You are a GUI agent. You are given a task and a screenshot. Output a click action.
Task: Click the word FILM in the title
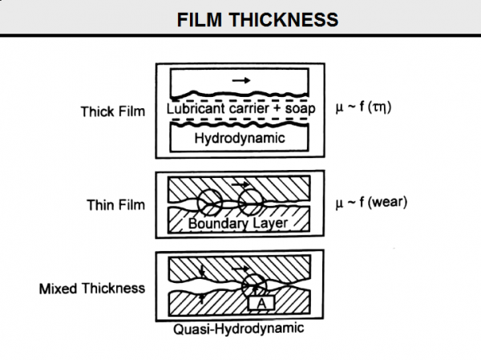(x=200, y=19)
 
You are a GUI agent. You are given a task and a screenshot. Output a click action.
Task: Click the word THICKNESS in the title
(x=284, y=19)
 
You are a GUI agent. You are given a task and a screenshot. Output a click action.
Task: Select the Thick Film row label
(x=113, y=111)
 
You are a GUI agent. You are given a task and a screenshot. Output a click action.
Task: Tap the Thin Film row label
(x=116, y=204)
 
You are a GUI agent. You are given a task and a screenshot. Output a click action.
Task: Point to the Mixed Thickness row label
(x=92, y=289)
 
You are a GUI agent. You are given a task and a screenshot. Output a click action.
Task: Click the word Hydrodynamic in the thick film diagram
(x=240, y=138)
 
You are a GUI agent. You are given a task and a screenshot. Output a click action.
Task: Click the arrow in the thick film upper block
(x=241, y=80)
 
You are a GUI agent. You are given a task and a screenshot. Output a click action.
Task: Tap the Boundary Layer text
(x=238, y=224)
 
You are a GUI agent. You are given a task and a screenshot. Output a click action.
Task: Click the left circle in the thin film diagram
(x=210, y=203)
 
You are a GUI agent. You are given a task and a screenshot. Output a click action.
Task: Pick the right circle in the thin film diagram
(x=251, y=203)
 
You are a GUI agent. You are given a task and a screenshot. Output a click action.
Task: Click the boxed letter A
(x=261, y=303)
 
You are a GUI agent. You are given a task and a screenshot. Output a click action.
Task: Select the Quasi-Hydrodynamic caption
(x=239, y=329)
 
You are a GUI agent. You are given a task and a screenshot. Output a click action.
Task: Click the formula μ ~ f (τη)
(x=363, y=107)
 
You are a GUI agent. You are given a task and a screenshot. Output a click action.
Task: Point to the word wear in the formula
(x=387, y=202)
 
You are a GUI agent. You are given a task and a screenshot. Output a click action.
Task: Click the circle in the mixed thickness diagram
(x=254, y=285)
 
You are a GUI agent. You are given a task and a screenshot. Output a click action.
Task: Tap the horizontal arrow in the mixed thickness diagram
(x=240, y=269)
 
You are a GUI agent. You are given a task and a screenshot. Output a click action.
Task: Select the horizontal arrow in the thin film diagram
(x=240, y=184)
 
